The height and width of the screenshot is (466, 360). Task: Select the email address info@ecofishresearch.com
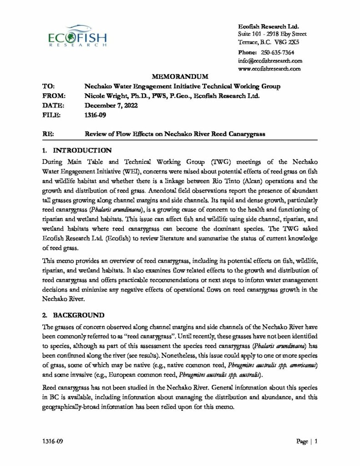click(270, 61)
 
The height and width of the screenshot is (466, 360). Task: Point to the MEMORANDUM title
click(179, 76)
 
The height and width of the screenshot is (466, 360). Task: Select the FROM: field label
click(54, 96)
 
